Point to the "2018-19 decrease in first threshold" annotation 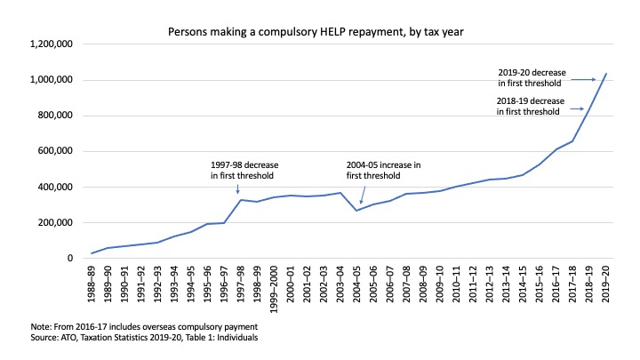(528, 106)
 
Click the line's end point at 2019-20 (605, 74)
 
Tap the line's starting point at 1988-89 (92, 253)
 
